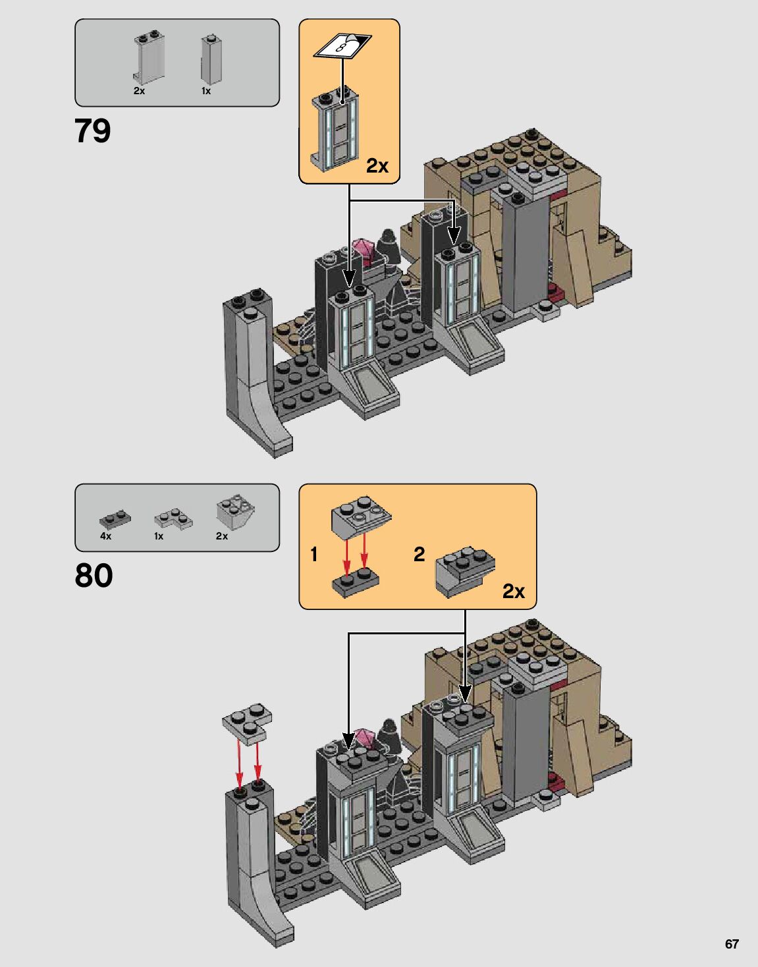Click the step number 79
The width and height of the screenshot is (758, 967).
coord(92,131)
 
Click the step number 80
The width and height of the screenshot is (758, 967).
coord(94,575)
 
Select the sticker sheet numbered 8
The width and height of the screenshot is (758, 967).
coord(342,45)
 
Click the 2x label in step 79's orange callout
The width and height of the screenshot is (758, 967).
coord(377,166)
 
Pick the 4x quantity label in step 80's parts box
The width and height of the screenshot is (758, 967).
coord(105,536)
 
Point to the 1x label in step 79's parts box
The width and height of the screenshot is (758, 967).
coord(206,91)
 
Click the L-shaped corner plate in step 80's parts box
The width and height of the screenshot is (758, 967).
coord(173,520)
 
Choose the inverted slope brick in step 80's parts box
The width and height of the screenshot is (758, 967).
coord(236,512)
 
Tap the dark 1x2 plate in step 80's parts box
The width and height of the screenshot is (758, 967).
coord(115,518)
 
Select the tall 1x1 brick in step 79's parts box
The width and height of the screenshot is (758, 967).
coord(211,59)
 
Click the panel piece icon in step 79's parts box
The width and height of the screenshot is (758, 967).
coord(149,57)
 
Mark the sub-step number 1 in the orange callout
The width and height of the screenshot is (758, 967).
coord(314,555)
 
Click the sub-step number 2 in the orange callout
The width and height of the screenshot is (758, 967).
coord(419,555)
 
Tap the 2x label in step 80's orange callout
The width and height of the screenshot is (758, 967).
coord(514,592)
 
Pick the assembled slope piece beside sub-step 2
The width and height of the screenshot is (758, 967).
coord(465,572)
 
